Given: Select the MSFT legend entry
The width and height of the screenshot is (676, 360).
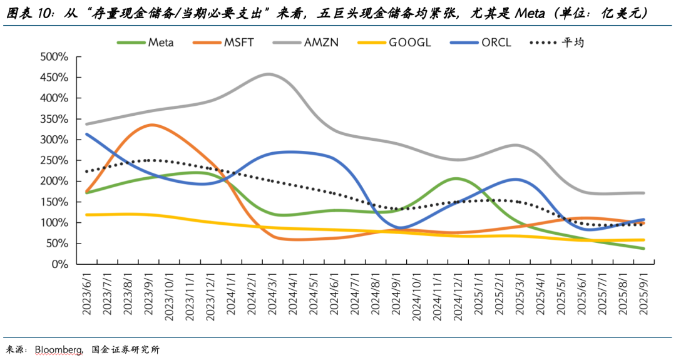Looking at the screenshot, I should pyautogui.click(x=238, y=43).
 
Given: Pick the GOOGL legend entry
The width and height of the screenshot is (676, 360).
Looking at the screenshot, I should pyautogui.click(x=409, y=43).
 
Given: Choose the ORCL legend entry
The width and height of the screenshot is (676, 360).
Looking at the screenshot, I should pyautogui.click(x=497, y=43).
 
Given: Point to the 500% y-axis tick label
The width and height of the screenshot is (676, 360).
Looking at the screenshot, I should pyautogui.click(x=54, y=57).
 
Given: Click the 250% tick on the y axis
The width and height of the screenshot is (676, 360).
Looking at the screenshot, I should pyautogui.click(x=54, y=160).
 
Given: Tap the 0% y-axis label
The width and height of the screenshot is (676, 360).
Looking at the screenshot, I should pyautogui.click(x=59, y=264).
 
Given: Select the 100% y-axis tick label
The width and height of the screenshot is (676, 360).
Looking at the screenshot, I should pyautogui.click(x=54, y=223).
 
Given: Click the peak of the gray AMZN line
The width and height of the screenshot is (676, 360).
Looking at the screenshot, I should pyautogui.click(x=268, y=74).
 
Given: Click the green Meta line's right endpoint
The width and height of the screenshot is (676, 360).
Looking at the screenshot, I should pyautogui.click(x=643, y=249).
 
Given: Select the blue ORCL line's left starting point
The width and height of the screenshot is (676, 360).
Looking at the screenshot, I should pyautogui.click(x=86, y=134).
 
